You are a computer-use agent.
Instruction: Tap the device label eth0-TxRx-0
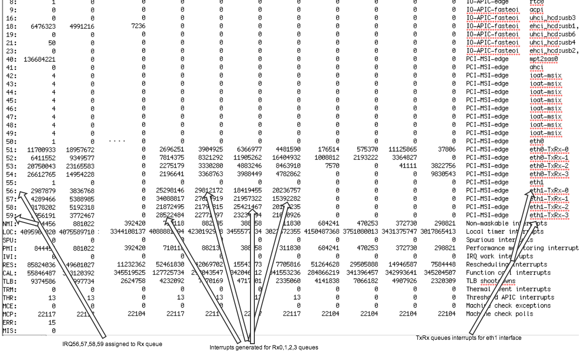click(549, 149)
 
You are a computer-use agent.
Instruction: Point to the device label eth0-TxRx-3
click(549, 174)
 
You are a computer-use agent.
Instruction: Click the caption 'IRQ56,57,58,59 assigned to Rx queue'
click(113, 344)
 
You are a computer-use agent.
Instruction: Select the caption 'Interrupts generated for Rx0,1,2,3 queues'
click(263, 347)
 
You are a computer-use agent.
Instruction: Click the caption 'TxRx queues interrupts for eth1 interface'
click(468, 338)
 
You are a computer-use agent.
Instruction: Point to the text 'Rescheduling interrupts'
click(506, 264)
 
